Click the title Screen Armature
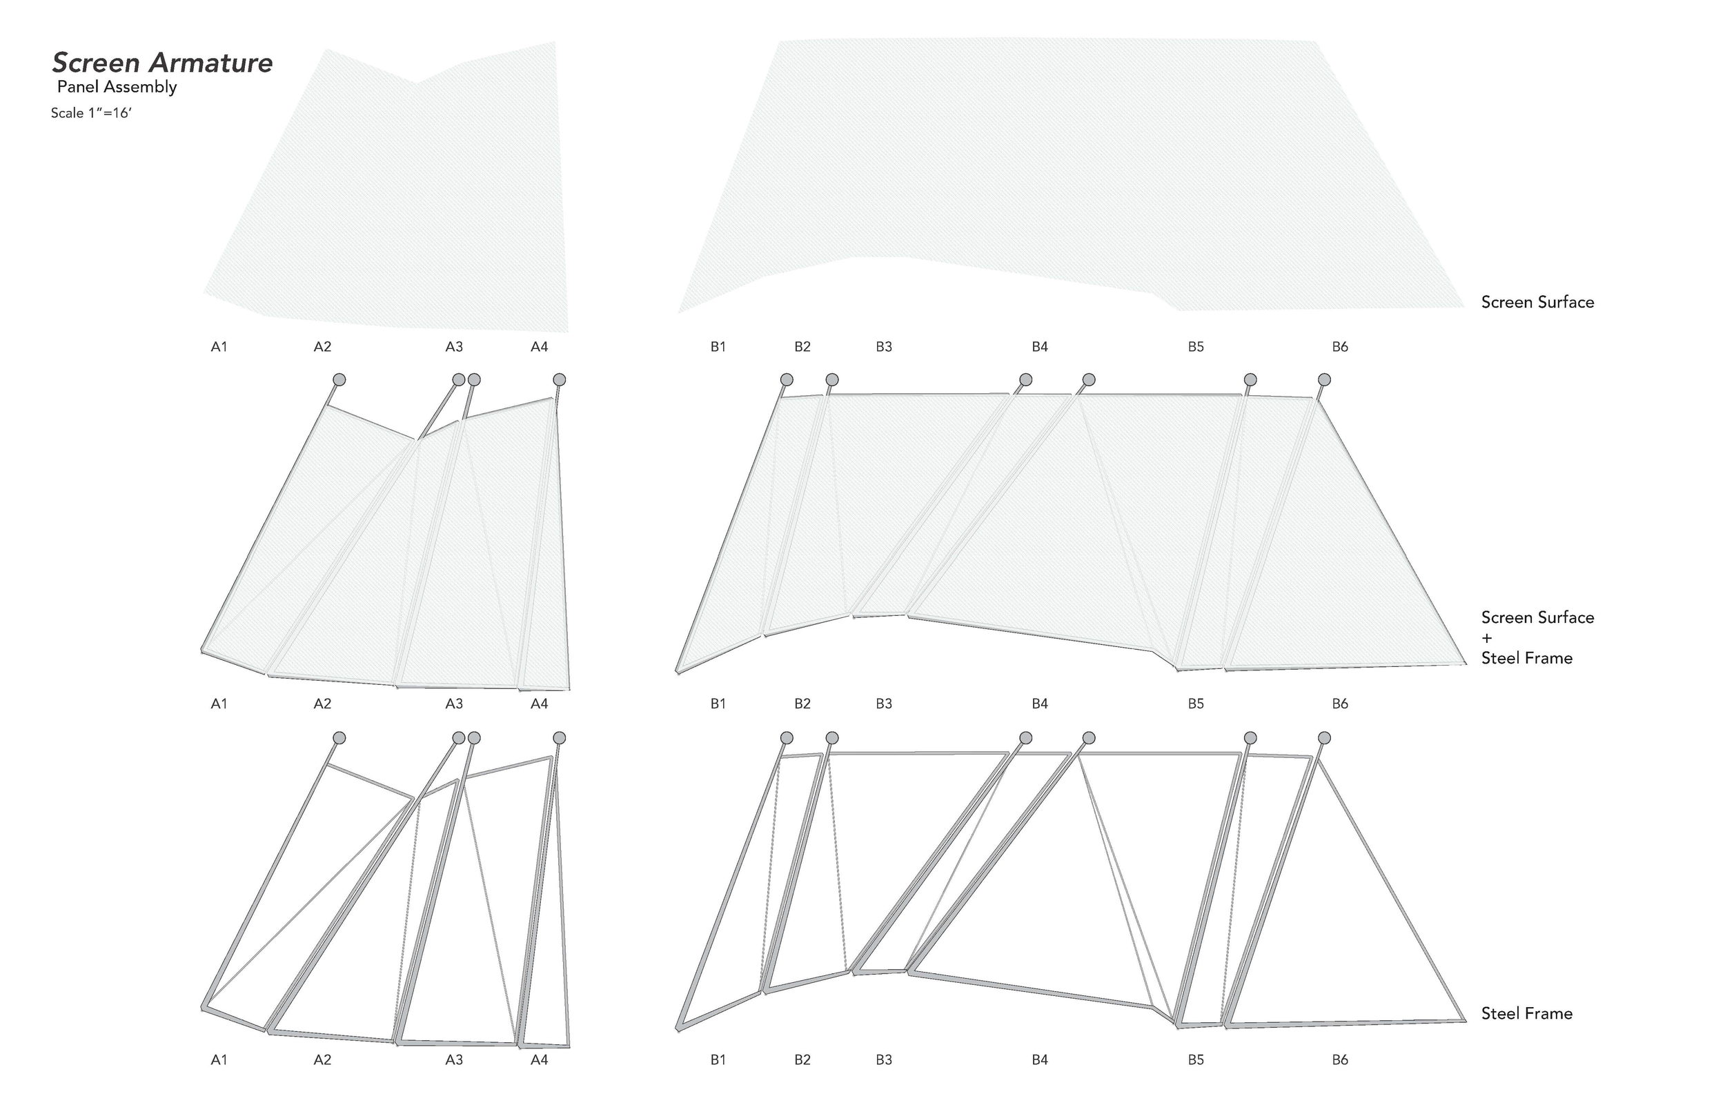[x=162, y=63]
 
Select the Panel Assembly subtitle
[x=117, y=87]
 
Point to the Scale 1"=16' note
[x=90, y=113]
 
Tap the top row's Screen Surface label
[x=1537, y=302]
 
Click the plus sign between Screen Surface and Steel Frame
[x=1487, y=639]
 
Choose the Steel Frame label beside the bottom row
[x=1526, y=1013]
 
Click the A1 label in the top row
[x=219, y=347]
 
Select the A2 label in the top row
[x=322, y=347]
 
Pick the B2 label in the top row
[x=802, y=347]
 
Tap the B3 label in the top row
[x=883, y=347]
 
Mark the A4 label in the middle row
[x=540, y=704]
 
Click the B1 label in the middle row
[x=718, y=704]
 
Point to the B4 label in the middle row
[x=1040, y=704]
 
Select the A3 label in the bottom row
[x=454, y=1060]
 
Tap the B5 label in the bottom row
[x=1196, y=1060]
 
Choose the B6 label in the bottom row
[x=1340, y=1060]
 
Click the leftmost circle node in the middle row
[x=339, y=380]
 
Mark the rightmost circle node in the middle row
[x=1324, y=380]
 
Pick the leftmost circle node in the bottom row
[x=339, y=738]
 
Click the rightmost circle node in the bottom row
[x=1324, y=738]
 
